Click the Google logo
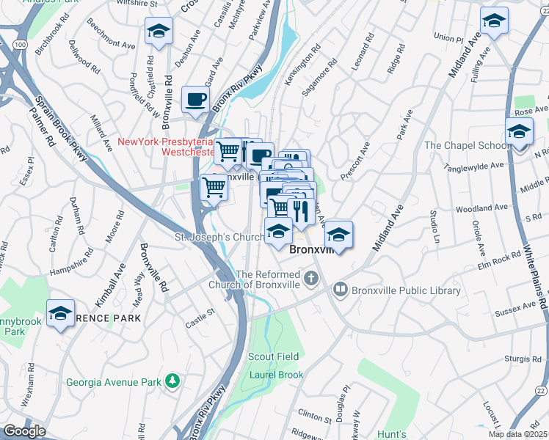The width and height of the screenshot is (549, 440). [x=24, y=431]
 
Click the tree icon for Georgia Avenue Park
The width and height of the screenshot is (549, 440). [x=172, y=381]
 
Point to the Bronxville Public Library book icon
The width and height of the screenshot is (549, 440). [x=341, y=290]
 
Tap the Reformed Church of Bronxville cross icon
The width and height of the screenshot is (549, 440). [x=312, y=277]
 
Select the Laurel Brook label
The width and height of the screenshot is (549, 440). [x=276, y=374]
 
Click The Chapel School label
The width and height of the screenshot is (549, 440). [x=467, y=145]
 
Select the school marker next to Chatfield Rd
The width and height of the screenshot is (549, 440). [x=158, y=32]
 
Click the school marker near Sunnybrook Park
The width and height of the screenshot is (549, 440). [x=60, y=313]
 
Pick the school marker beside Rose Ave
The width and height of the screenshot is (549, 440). [x=519, y=132]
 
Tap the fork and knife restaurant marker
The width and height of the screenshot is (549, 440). [x=301, y=210]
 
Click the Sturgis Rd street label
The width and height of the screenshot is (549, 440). [x=522, y=359]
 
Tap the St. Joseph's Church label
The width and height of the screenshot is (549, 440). [x=219, y=238]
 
